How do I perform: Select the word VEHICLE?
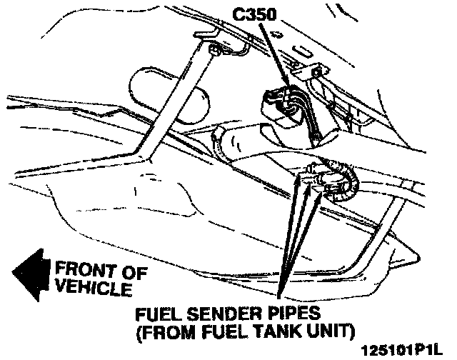click(93, 289)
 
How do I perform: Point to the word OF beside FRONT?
click(135, 271)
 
